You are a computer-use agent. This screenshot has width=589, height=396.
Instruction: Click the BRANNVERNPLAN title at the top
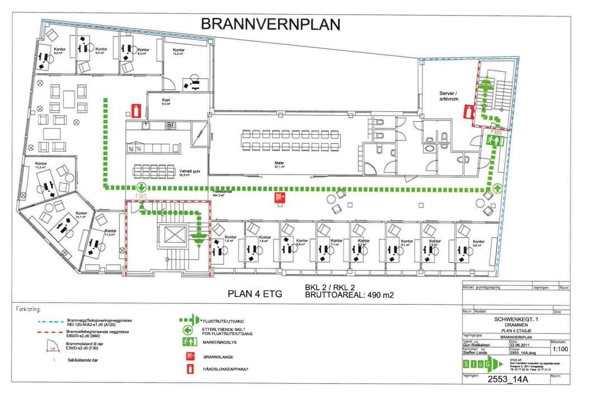pos(270,25)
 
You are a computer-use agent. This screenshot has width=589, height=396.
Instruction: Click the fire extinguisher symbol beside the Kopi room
pos(135,110)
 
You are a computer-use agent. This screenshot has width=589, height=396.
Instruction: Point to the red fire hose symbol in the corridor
pos(278,196)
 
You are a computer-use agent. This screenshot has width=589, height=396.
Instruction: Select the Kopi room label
pos(165,101)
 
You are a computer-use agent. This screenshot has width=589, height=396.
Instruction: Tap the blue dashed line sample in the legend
pos(36,319)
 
